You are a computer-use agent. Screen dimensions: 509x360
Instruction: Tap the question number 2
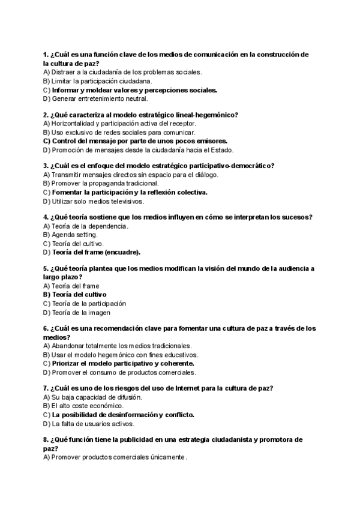click(46, 115)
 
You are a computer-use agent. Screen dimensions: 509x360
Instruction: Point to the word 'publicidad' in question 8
click(119, 440)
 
